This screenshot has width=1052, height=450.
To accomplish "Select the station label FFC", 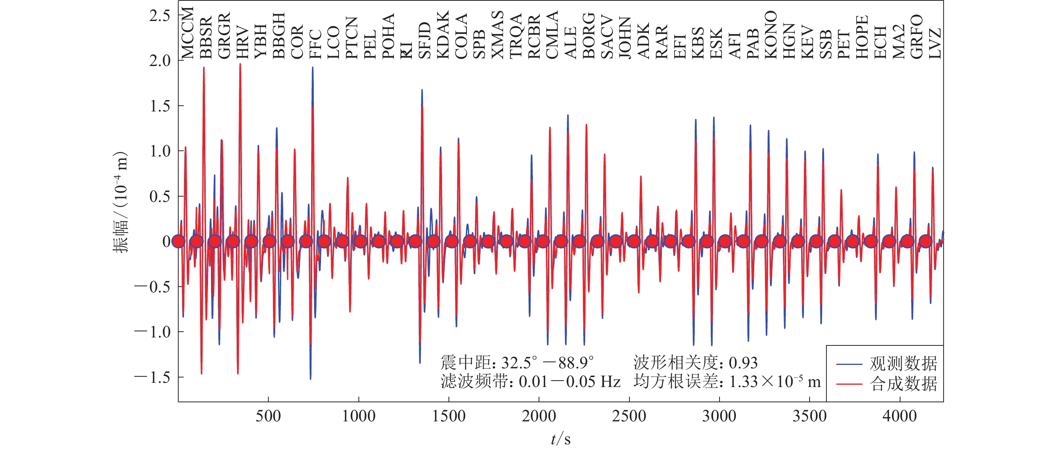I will [315, 44].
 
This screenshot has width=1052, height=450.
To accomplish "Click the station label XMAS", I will [497, 35].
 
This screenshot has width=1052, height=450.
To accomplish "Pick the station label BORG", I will [589, 36].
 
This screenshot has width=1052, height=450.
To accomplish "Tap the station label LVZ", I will [935, 43].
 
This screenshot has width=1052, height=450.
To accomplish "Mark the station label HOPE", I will [862, 37].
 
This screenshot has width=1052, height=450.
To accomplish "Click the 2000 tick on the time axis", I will [539, 416].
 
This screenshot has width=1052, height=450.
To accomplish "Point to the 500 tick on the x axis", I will [268, 416].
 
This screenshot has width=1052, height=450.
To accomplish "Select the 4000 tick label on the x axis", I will [899, 416].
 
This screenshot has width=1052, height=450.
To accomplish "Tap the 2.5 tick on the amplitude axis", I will [160, 16].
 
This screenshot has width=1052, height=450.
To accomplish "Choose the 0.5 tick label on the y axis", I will [160, 197].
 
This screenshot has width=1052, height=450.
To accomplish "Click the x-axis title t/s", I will [560, 439].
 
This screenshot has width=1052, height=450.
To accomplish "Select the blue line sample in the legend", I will [849, 364].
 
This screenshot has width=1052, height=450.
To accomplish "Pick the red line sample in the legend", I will [849, 384].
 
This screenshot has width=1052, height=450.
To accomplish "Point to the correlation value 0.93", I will [743, 363].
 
